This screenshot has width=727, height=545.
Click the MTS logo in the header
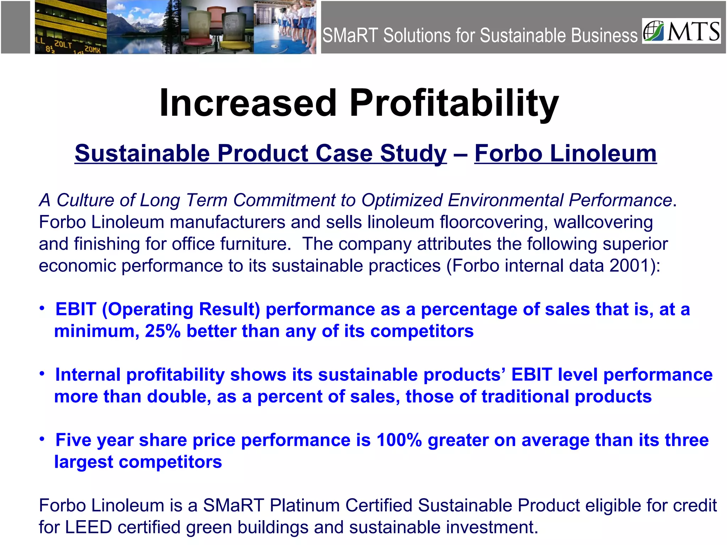(x=681, y=31)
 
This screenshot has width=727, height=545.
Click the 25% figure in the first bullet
(x=163, y=331)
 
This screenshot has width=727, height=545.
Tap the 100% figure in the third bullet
(x=399, y=440)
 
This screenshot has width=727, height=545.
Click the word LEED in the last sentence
(x=88, y=527)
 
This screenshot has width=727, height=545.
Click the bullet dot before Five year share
(x=42, y=439)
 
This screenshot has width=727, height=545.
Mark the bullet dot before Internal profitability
(x=42, y=374)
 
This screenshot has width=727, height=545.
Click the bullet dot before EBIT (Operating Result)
(x=42, y=308)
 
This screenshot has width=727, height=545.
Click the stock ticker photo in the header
(x=70, y=27)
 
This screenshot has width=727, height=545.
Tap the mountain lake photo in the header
(x=143, y=27)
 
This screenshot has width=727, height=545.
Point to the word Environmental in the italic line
(x=505, y=200)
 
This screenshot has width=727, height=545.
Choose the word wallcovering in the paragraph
(x=603, y=222)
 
